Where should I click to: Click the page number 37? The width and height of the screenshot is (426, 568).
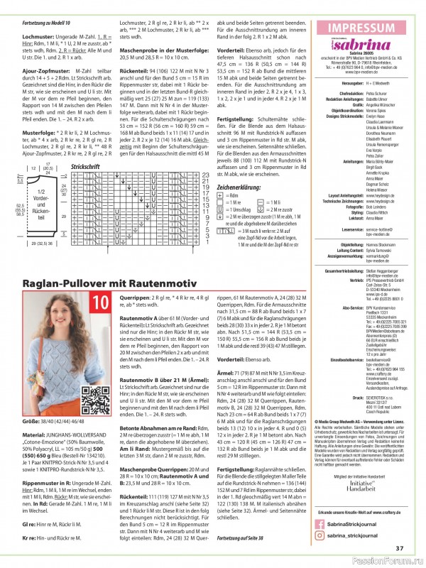click(400, 547)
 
